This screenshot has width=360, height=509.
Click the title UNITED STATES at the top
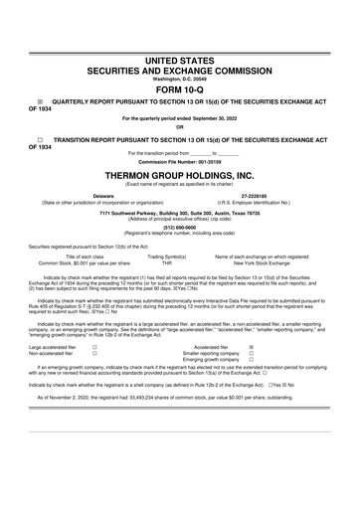pos(180,62)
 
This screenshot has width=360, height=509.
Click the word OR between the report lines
pos(180,126)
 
